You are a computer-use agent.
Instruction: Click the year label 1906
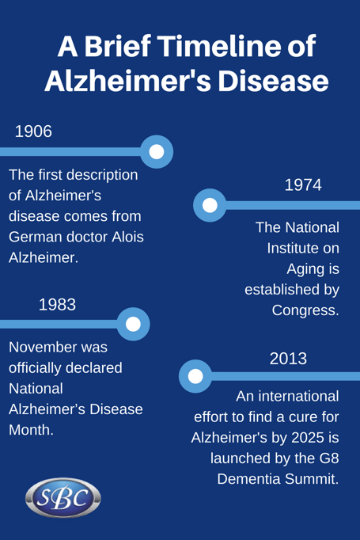(33, 131)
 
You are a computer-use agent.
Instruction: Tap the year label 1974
(302, 184)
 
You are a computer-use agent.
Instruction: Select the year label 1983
(57, 303)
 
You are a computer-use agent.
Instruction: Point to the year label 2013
(288, 358)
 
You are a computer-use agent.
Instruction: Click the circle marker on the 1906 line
(157, 151)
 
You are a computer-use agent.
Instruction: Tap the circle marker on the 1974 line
(210, 205)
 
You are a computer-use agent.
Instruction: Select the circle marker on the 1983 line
(133, 324)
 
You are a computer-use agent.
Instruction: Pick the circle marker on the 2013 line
(195, 376)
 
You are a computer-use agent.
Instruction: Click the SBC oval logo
(63, 497)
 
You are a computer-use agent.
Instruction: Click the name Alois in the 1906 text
(127, 237)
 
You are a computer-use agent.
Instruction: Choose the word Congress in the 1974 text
(305, 310)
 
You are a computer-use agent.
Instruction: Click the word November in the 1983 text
(58, 348)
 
